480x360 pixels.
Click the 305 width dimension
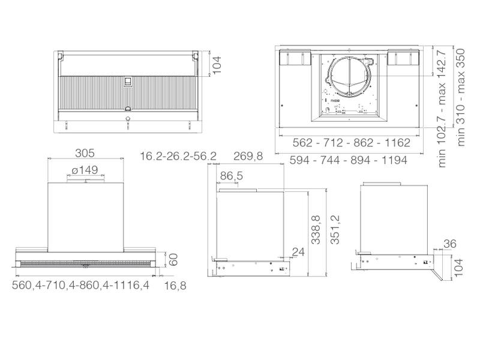pyautogui.click(x=85, y=153)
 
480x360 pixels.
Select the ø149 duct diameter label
pyautogui.click(x=85, y=170)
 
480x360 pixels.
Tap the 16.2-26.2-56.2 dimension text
pyautogui.click(x=178, y=156)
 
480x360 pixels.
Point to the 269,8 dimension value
pyautogui.click(x=248, y=156)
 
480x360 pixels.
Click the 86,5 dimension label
pyautogui.click(x=232, y=176)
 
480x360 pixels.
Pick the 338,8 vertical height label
pyautogui.click(x=316, y=230)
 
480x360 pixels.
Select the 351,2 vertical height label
pyautogui.click(x=335, y=230)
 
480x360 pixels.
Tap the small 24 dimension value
pyautogui.click(x=298, y=251)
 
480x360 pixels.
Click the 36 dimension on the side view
pyautogui.click(x=449, y=244)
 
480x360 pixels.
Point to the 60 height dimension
pyautogui.click(x=173, y=260)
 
